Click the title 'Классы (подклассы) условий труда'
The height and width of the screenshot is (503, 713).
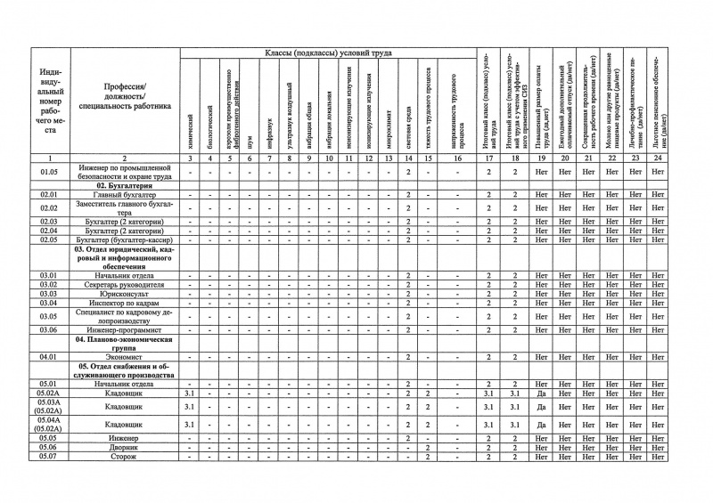pos(333,55)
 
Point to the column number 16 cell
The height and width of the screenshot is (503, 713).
pos(459,158)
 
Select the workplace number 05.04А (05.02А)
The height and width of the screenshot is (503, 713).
pos(48,425)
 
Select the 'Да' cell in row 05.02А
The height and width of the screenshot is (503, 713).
pos(541,393)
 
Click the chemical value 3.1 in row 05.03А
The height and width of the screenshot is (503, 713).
pos(189,406)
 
